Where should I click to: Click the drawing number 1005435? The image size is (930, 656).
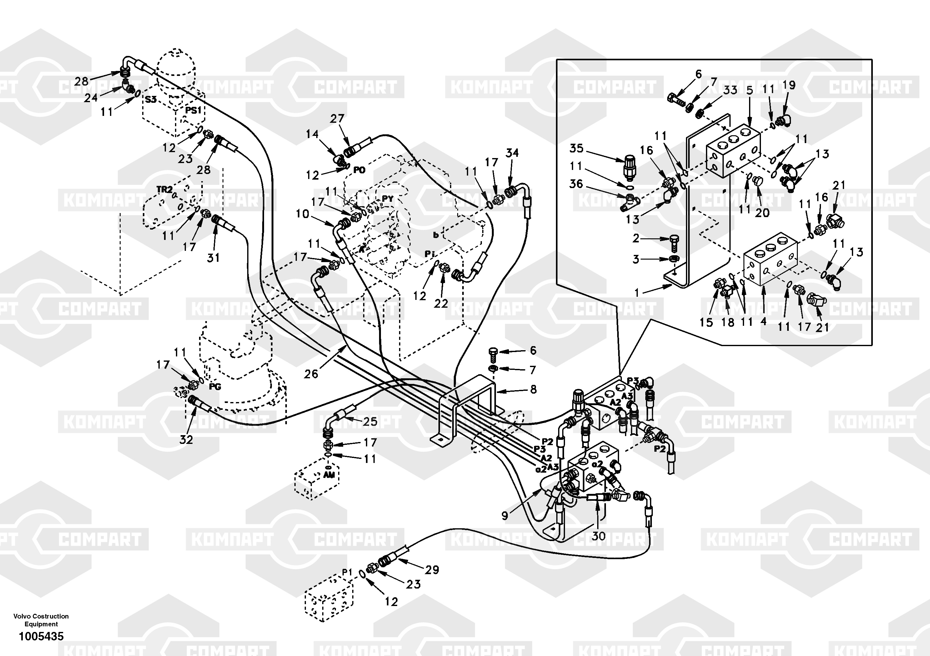(x=41, y=637)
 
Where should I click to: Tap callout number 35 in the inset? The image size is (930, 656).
(x=576, y=148)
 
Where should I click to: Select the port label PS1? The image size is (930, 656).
(x=193, y=110)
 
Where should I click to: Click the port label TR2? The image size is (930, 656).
(x=164, y=189)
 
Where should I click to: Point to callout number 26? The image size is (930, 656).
(x=311, y=374)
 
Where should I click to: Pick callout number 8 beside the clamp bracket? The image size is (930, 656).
(x=533, y=389)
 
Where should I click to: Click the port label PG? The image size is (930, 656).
(x=215, y=387)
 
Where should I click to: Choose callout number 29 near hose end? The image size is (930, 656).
(x=432, y=570)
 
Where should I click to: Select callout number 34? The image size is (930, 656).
(x=512, y=153)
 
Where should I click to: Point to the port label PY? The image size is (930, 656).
(x=387, y=199)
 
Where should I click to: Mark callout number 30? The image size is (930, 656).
(x=598, y=536)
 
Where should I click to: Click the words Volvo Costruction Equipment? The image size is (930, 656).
(x=41, y=620)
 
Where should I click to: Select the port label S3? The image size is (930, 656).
(x=151, y=100)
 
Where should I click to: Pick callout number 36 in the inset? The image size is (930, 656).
(x=576, y=184)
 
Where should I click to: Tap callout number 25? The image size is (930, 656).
(x=370, y=421)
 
